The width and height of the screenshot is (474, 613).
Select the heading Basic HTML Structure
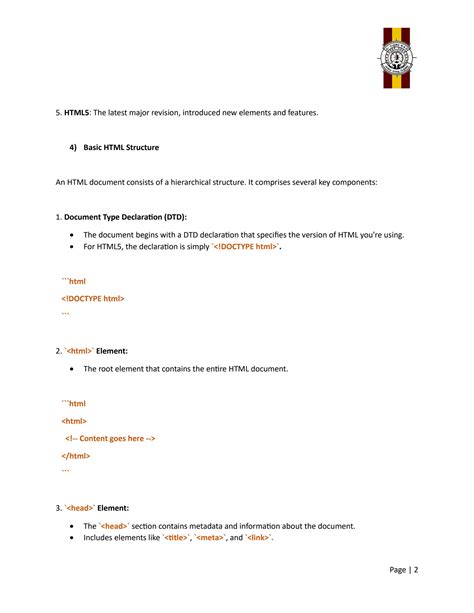(121, 148)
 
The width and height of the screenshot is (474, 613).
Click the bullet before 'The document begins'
(72, 235)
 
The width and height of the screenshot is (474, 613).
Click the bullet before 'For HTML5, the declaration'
(72, 246)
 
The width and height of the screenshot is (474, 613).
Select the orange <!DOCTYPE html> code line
(93, 298)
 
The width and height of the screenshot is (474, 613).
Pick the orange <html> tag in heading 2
(79, 351)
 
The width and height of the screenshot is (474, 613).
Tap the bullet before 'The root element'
(72, 369)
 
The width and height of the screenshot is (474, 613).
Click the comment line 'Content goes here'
(110, 438)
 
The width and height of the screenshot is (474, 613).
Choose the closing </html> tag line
(76, 455)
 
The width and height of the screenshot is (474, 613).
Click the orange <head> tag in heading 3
(80, 508)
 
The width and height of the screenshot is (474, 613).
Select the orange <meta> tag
(209, 538)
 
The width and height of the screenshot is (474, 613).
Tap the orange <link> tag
(259, 538)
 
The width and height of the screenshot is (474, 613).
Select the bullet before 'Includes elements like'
(72, 538)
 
